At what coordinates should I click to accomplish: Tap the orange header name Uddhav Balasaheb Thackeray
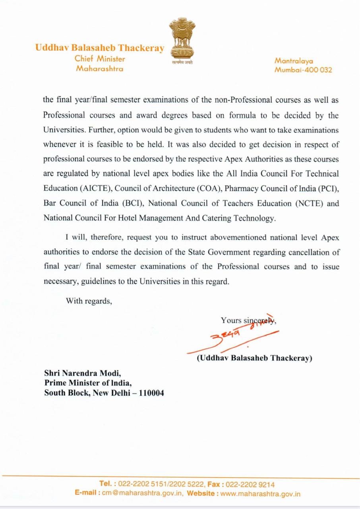pos(99,48)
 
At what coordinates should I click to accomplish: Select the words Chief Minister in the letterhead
pos(100,59)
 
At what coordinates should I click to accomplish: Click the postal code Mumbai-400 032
pos(303,70)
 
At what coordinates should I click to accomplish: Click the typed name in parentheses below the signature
pos(254,358)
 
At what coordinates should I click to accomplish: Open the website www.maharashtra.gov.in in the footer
pos(261,494)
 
